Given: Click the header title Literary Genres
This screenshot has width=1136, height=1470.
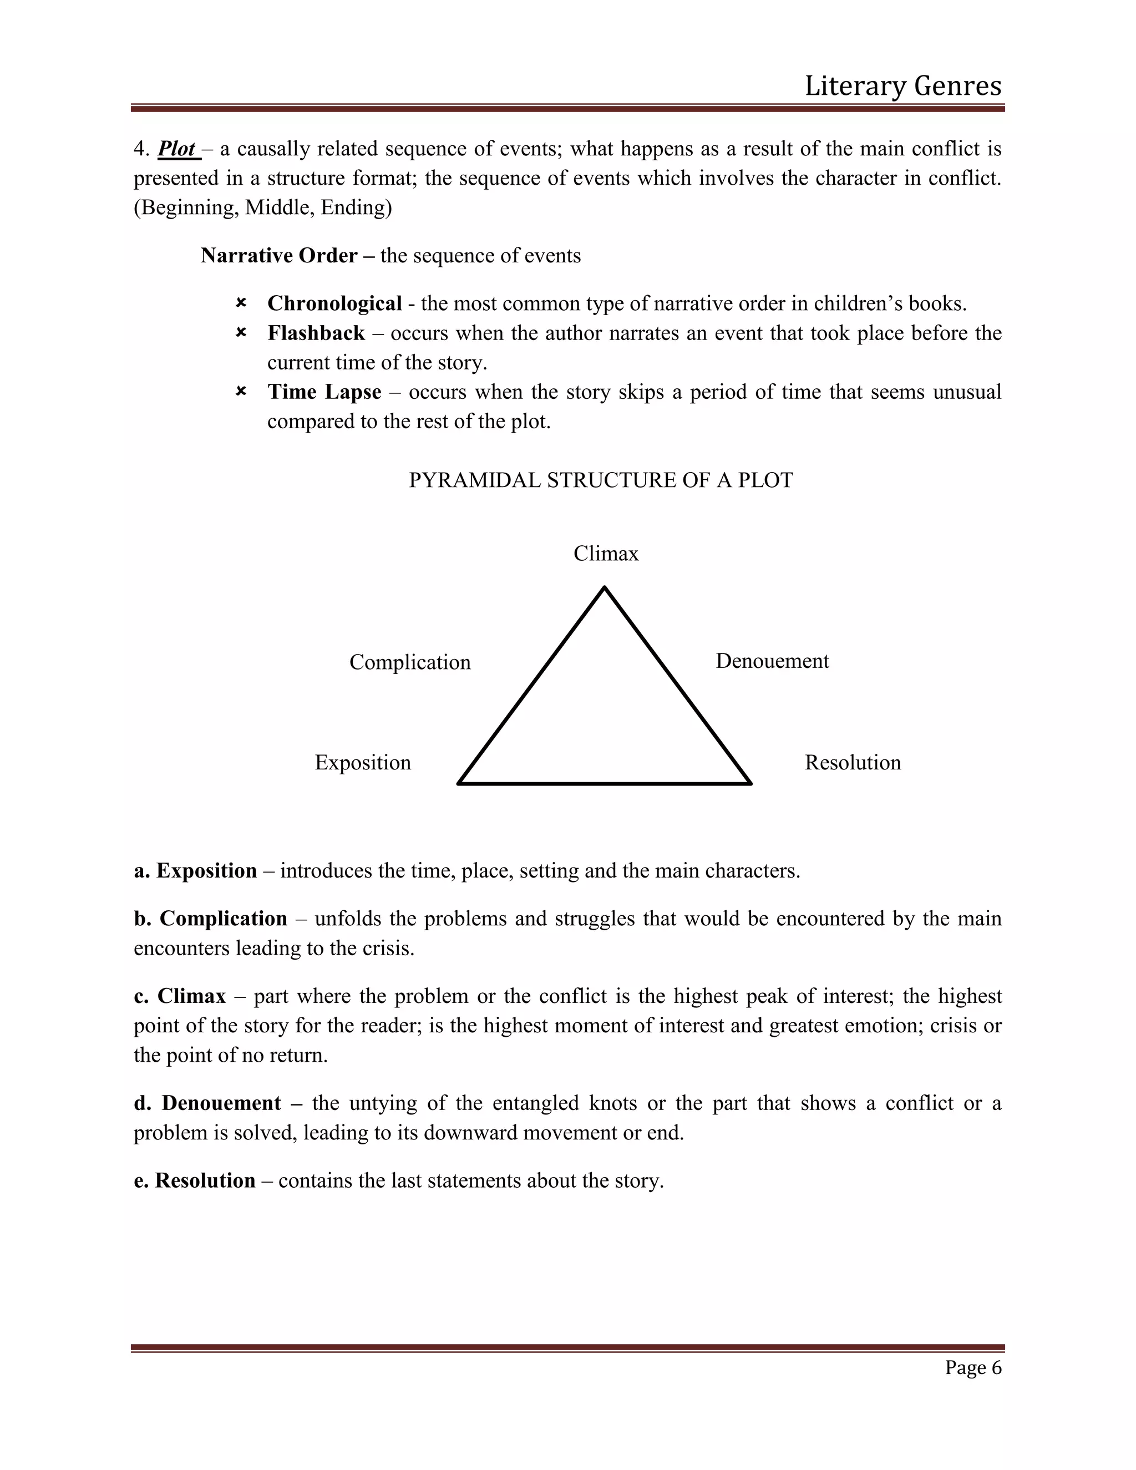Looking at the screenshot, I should [x=902, y=86].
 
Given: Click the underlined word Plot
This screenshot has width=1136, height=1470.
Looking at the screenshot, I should [x=177, y=149].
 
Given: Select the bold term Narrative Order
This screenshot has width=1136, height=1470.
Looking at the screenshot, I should [x=278, y=256].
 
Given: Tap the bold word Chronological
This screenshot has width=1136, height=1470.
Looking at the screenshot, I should [x=334, y=303].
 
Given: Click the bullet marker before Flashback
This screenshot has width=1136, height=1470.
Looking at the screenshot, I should [x=241, y=332].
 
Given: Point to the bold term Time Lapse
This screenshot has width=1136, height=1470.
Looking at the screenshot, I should [x=324, y=392].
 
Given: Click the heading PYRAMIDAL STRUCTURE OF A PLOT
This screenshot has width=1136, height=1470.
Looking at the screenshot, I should [x=600, y=480].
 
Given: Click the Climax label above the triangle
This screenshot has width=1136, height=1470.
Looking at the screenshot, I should [x=606, y=553].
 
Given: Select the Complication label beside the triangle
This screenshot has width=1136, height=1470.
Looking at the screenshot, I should [x=410, y=662].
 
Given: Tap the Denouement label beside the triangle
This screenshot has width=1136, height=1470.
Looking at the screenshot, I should [x=772, y=661].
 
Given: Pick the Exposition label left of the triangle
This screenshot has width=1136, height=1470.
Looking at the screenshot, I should [x=363, y=763].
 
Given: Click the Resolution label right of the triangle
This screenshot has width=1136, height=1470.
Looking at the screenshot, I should [x=853, y=763].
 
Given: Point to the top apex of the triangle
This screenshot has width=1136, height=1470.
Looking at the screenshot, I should [x=605, y=587].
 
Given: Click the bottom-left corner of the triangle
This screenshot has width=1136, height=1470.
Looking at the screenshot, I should [x=459, y=783].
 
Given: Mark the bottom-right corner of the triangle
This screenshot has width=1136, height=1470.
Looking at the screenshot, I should [x=750, y=783].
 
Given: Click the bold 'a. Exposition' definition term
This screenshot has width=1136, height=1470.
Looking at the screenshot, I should [x=195, y=871].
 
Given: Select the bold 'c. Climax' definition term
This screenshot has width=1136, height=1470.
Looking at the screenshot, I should [x=180, y=996].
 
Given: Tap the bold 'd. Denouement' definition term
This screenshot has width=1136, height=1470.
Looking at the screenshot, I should [x=207, y=1103].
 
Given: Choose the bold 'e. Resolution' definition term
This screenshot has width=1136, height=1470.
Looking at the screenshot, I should [x=195, y=1180].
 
